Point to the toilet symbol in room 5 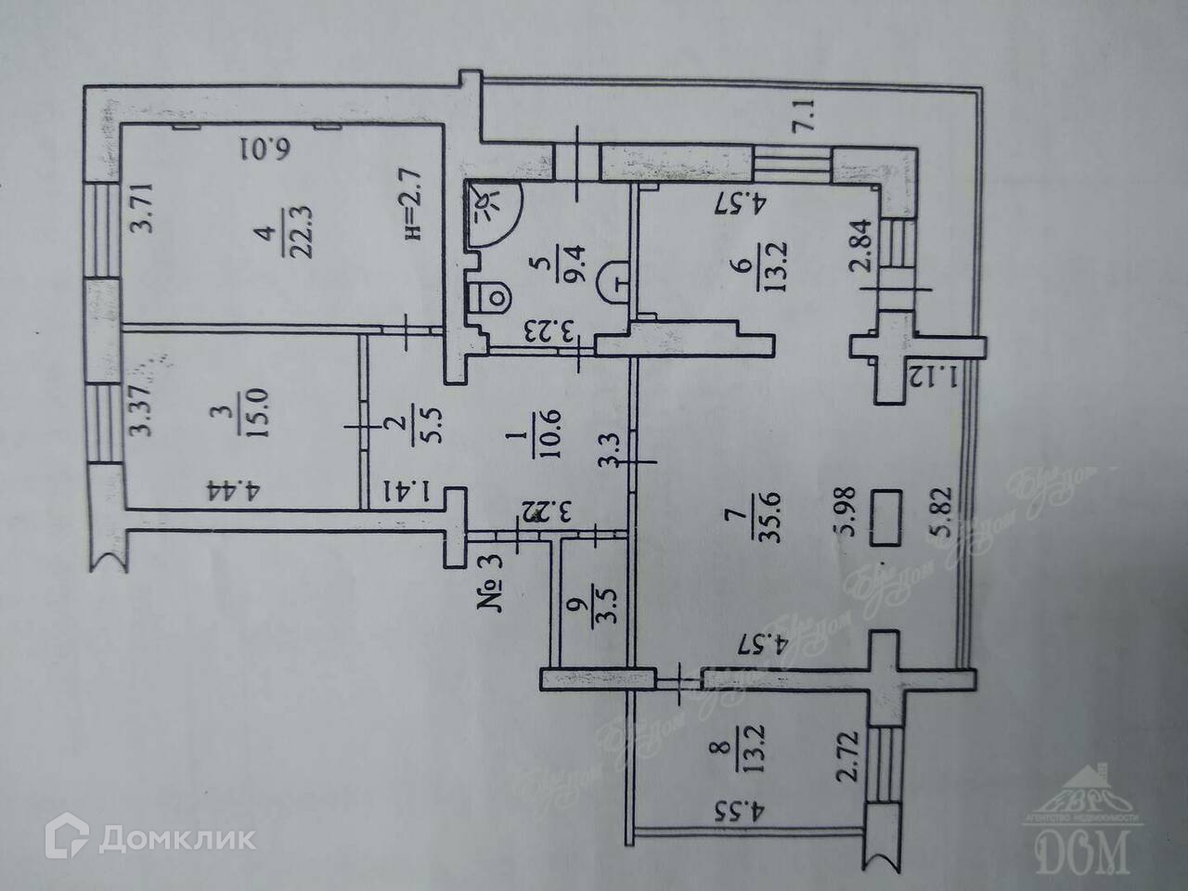click(x=491, y=298)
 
